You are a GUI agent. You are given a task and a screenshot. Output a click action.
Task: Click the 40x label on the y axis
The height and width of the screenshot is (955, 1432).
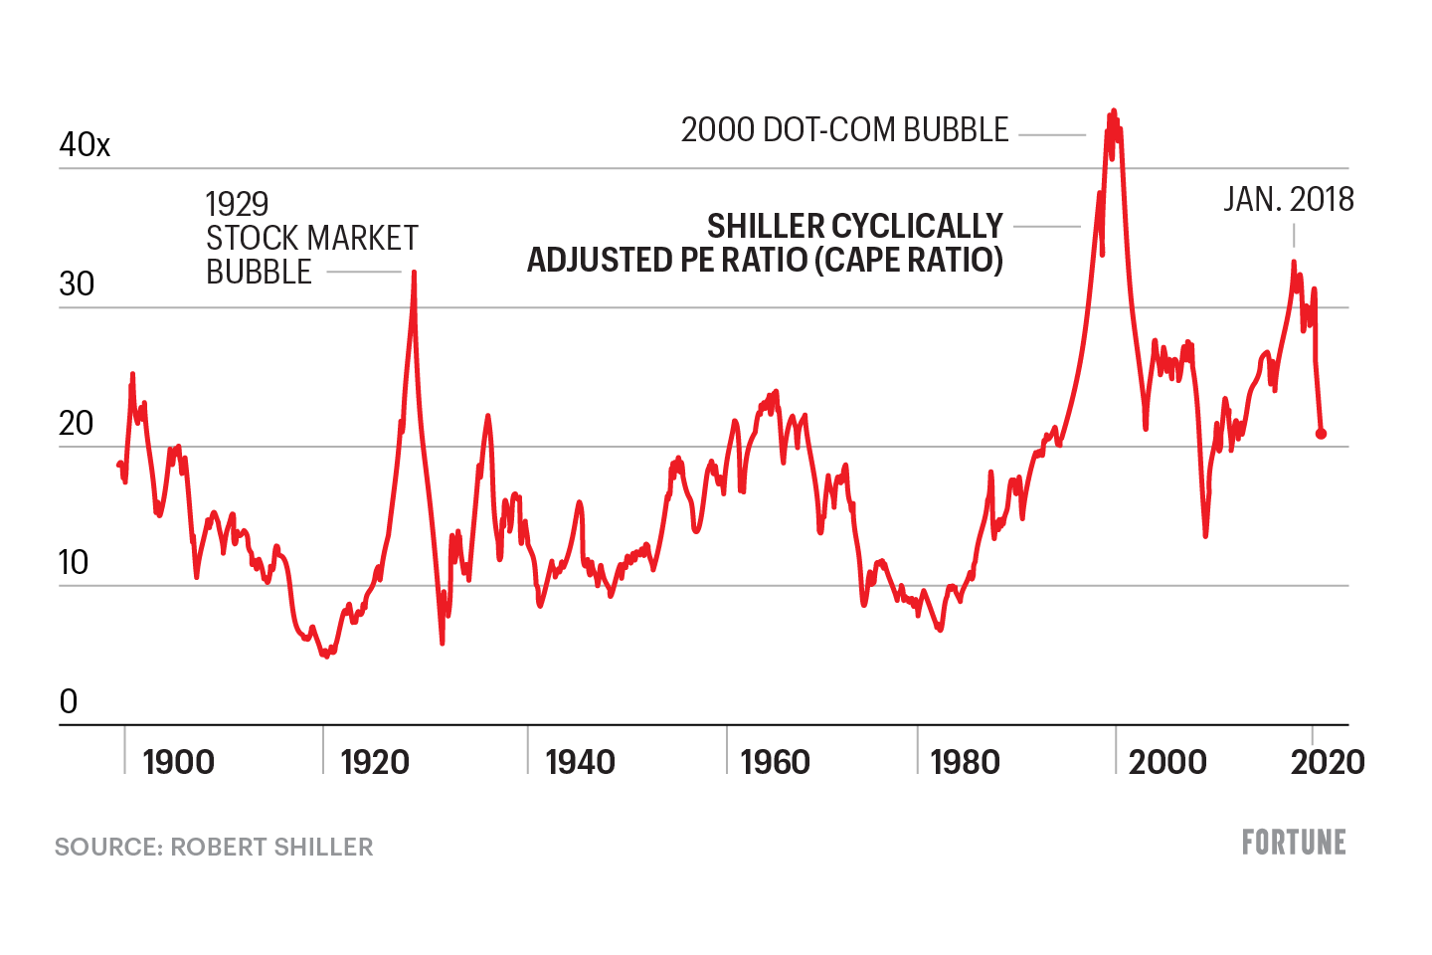click(85, 145)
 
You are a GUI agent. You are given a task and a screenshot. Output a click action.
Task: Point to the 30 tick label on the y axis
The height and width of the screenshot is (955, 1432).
click(77, 285)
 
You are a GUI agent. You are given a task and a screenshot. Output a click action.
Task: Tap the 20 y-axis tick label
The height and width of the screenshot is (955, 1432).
click(77, 424)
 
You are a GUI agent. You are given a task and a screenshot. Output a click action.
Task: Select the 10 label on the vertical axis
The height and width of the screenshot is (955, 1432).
click(75, 563)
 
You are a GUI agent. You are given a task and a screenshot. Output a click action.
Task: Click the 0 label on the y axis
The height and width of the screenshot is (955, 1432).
click(69, 702)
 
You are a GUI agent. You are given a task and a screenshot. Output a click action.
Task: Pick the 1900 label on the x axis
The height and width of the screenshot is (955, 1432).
click(178, 763)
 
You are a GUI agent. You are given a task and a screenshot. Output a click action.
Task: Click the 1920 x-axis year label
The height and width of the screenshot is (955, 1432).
click(375, 763)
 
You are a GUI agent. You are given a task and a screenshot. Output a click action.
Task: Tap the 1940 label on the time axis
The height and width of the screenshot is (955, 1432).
click(580, 763)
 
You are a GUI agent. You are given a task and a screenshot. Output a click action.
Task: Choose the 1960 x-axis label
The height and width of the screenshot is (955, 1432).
click(776, 763)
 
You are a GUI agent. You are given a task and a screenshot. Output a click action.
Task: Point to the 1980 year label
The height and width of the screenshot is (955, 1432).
click(965, 763)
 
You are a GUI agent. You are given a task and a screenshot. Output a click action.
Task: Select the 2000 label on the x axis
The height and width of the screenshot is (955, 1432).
click(1167, 763)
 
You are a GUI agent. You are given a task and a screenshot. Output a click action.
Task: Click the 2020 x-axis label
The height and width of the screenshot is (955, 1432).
click(1328, 763)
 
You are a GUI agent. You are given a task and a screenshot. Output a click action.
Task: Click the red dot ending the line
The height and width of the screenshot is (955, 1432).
click(1321, 434)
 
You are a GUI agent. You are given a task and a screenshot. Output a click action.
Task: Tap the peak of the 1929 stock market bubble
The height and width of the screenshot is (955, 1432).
click(414, 272)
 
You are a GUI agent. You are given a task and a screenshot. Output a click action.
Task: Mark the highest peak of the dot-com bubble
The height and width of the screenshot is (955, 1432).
click(1114, 110)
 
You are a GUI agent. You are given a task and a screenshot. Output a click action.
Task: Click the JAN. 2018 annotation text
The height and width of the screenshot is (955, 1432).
click(1289, 200)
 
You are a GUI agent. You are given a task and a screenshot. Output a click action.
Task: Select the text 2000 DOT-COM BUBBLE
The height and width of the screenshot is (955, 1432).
click(844, 130)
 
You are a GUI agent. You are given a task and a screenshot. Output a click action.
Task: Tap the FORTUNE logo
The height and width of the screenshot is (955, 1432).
click(1294, 843)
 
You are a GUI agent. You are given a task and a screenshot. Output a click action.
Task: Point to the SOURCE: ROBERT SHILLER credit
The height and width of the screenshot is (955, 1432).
click(214, 847)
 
